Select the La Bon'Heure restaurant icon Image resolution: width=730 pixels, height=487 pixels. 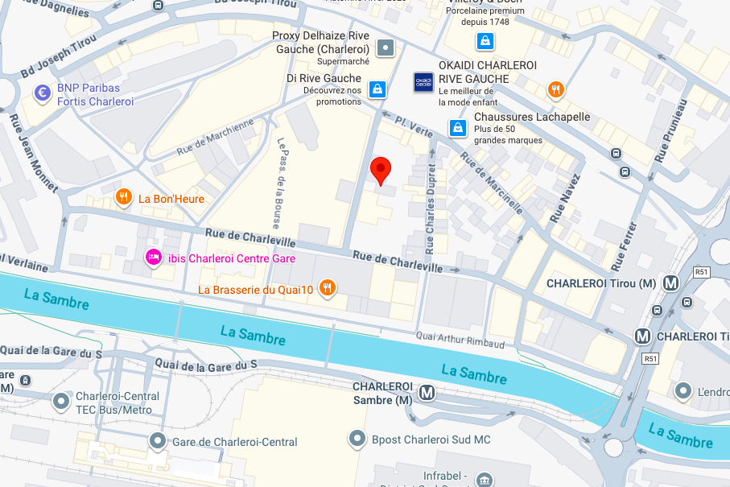(x=123, y=196)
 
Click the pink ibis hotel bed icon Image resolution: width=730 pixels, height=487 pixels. (x=151, y=257)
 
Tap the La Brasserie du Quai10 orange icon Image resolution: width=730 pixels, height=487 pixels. (x=327, y=287)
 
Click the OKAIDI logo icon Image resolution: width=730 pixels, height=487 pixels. (x=423, y=82)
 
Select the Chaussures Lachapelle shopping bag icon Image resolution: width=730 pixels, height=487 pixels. (x=457, y=127)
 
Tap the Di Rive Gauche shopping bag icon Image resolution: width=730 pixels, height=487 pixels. (x=376, y=89)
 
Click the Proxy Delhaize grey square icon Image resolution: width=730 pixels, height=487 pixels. (x=387, y=47)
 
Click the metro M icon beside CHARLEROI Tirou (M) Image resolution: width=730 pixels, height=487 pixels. (x=670, y=283)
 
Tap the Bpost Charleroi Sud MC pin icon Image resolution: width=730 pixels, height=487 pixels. (x=357, y=439)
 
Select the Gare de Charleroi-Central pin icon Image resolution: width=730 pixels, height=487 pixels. (x=158, y=440)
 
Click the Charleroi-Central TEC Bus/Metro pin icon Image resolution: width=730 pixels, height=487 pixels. (x=61, y=400)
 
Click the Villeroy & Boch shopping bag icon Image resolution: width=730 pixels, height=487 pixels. (x=485, y=40)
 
